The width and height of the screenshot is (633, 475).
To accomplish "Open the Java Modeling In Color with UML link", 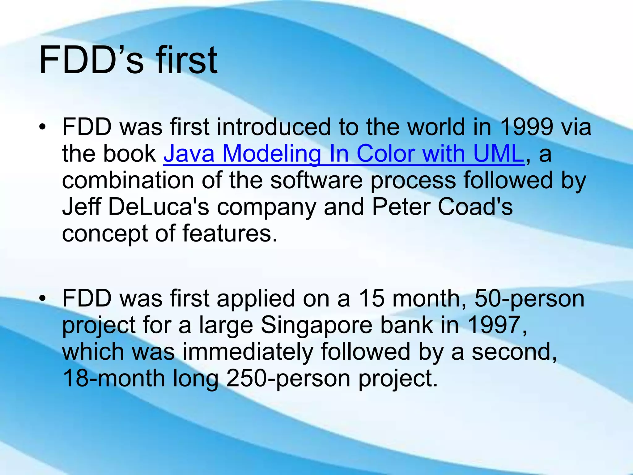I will pyautogui.click(x=344, y=154).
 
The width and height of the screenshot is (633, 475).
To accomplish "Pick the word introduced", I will pyautogui.click(x=274, y=127).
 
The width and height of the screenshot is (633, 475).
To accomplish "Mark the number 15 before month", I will pyautogui.click(x=371, y=298).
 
